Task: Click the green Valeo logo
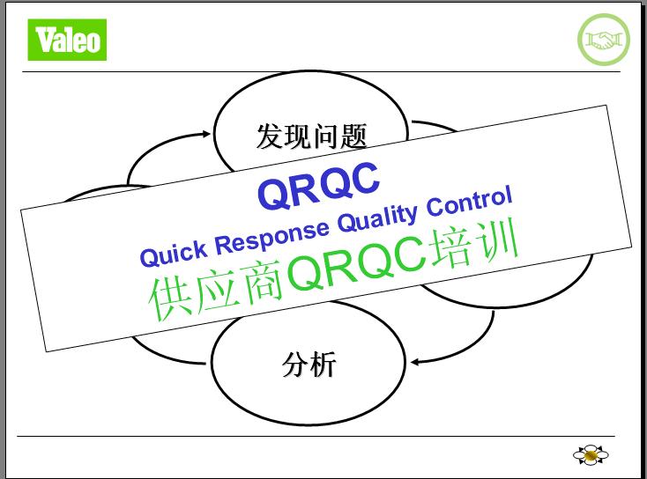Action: [x=67, y=40]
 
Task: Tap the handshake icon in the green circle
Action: [x=604, y=40]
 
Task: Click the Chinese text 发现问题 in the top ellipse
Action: [x=311, y=136]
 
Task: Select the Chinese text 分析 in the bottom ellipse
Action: [x=309, y=364]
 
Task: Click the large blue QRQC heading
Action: [x=318, y=186]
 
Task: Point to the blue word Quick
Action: [x=174, y=253]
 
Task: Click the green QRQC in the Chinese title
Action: [x=356, y=263]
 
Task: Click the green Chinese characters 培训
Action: [x=473, y=244]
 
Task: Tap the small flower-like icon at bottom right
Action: [x=591, y=454]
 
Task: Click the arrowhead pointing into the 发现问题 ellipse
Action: [x=206, y=134]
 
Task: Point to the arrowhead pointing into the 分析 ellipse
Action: [x=415, y=362]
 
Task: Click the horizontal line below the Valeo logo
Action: [x=321, y=71]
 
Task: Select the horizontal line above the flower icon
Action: [x=316, y=436]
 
